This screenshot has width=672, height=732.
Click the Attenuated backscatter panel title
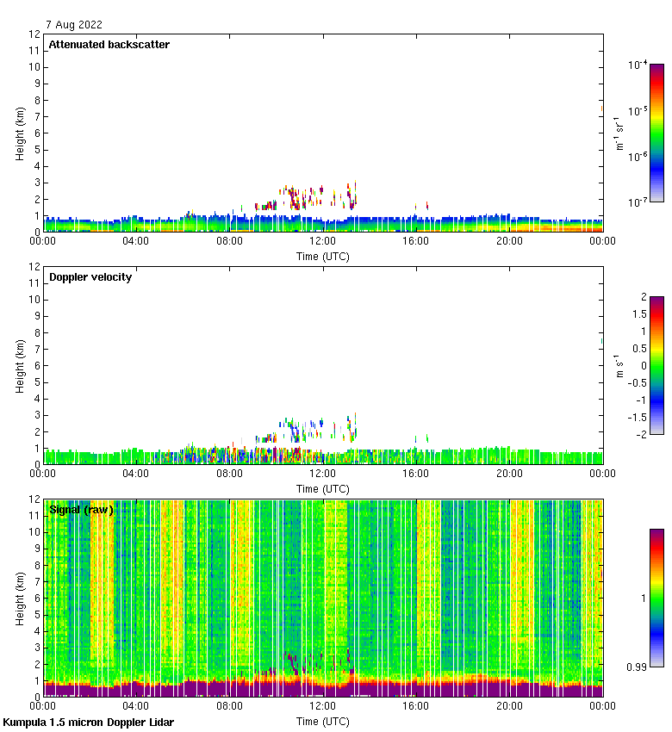(x=109, y=45)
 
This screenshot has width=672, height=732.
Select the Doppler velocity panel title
(x=90, y=277)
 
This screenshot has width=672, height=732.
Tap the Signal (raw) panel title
(x=81, y=510)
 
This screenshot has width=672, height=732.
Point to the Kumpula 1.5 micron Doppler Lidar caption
(x=89, y=722)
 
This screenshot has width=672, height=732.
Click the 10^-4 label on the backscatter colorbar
(x=638, y=65)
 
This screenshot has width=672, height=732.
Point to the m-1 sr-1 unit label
(x=617, y=133)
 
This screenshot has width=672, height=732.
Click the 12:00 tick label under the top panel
(x=323, y=241)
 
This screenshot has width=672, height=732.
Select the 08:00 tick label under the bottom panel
(x=230, y=706)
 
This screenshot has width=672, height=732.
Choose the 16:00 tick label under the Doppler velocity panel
(x=416, y=474)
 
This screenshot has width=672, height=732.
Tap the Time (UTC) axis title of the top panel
(x=323, y=256)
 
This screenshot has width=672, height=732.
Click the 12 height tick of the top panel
(x=34, y=34)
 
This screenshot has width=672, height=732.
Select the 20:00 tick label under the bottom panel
(x=509, y=706)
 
